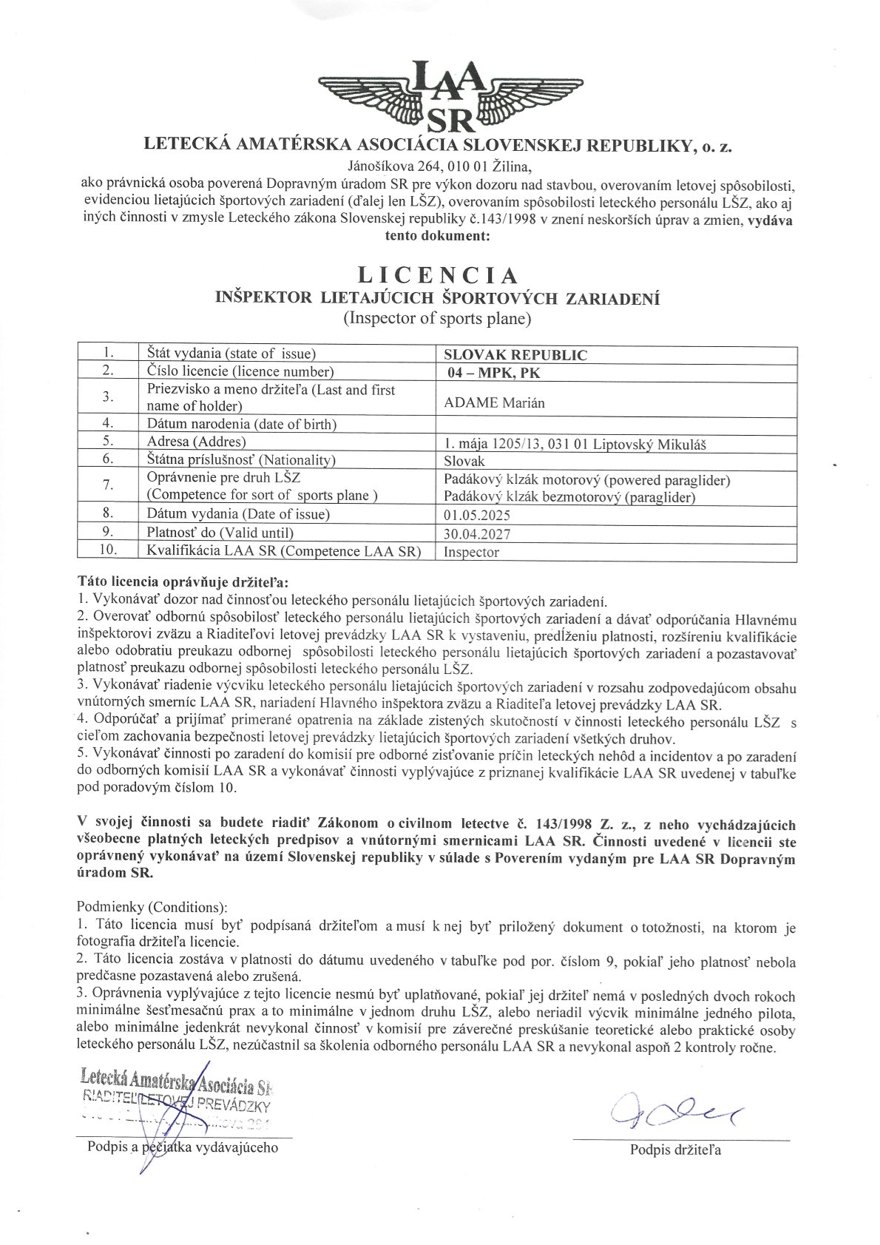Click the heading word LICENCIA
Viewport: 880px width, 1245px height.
(438, 276)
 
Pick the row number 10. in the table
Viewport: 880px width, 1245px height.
(108, 550)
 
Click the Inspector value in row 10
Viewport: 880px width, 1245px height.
(471, 552)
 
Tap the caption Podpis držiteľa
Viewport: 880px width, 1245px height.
(675, 1149)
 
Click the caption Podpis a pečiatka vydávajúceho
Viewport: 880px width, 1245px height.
(183, 1147)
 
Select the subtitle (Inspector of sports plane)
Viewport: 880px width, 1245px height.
(437, 319)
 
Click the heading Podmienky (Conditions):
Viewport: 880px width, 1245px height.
(152, 907)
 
